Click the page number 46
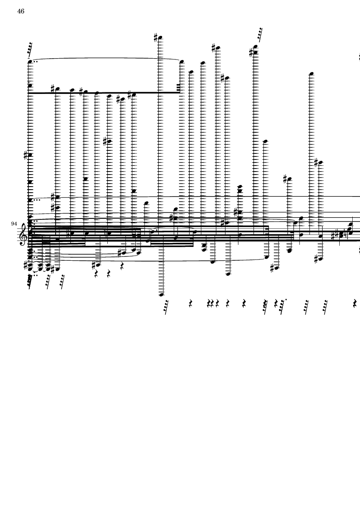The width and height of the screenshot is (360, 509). tap(21, 11)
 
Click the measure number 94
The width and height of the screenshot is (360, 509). tap(14, 224)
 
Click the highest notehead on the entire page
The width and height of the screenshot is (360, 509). tap(160, 38)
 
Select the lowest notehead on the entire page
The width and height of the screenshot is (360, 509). tap(161, 295)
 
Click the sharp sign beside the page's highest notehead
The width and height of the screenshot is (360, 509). tap(156, 37)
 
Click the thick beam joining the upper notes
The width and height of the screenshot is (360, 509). tap(104, 93)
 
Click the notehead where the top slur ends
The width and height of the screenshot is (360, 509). tap(182, 61)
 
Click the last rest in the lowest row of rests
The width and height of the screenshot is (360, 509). tap(354, 303)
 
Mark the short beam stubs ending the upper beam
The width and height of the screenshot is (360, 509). tap(178, 87)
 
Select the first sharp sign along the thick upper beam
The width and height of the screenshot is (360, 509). tap(53, 89)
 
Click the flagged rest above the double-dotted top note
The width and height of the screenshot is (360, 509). tap(30, 49)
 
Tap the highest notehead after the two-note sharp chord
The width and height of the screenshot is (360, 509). tap(312, 74)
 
